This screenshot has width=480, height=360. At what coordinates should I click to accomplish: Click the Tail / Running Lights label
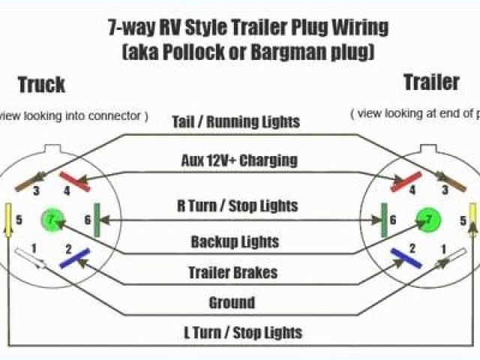point(235,121)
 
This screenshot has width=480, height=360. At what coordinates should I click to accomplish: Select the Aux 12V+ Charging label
point(239,160)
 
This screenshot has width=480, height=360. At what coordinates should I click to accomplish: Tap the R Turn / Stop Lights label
point(237,205)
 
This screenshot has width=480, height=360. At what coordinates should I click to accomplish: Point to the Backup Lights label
point(235,241)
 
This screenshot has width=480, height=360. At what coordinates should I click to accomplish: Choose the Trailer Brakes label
point(234,272)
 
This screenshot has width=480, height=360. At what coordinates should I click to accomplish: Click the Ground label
point(232,303)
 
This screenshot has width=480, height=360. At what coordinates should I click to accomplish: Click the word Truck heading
point(42,84)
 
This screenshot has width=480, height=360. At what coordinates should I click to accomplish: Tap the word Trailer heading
point(431,82)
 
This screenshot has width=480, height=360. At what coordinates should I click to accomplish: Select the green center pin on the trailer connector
point(428,219)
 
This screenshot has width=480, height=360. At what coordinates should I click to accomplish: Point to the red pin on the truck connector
point(75,181)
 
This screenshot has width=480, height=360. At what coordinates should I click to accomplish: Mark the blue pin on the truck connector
point(75,259)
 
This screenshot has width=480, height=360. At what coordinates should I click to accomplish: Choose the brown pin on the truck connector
point(30,181)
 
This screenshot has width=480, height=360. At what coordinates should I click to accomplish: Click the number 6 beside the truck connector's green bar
point(88,220)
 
